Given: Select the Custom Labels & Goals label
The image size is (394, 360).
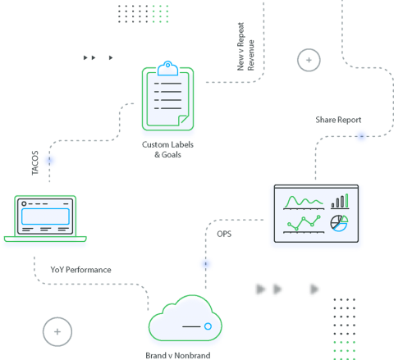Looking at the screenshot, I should (x=167, y=149).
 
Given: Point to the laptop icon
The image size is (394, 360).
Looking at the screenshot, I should (x=45, y=221).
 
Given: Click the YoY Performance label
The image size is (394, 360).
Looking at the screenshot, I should (x=80, y=269).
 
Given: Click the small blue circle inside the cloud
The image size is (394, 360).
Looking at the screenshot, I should (x=208, y=326).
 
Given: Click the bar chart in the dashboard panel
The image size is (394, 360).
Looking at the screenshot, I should (x=339, y=201).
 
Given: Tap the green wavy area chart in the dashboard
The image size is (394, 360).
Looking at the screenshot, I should (x=301, y=202).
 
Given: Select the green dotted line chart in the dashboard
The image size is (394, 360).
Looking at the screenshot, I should (x=301, y=224).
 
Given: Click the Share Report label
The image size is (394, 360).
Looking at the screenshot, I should (x=338, y=120).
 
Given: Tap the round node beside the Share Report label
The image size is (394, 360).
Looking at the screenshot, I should (x=360, y=137).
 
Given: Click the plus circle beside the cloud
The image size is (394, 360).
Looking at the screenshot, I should (x=57, y=331).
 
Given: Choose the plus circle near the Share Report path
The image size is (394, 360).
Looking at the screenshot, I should (x=309, y=59).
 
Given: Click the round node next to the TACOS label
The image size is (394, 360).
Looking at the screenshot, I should (x=50, y=160).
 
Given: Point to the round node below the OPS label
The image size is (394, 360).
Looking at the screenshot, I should (x=205, y=264).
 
